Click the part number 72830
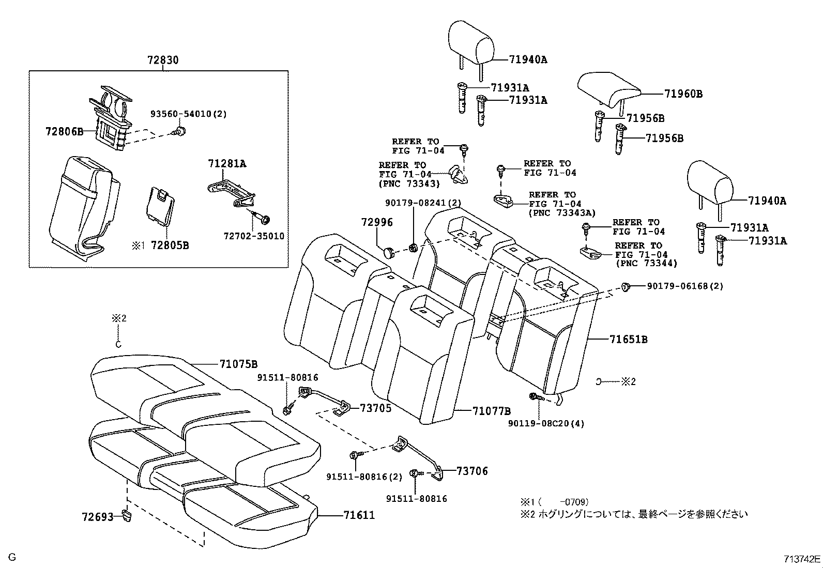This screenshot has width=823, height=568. pos(162,60)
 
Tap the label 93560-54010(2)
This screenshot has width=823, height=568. pos(189,114)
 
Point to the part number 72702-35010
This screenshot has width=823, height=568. pos(254,236)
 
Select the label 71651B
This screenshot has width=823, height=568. pos(629,340)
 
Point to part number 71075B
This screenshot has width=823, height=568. pos(238,364)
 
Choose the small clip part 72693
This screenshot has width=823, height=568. pos(126,514)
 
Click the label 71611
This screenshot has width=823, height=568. pos(359,515)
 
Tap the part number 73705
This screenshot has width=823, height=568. pos(375,408)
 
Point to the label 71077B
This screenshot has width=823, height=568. pos(491,411)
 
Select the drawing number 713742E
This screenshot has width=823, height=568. pos(801,559)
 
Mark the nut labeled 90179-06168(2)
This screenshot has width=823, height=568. pos(625,286)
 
